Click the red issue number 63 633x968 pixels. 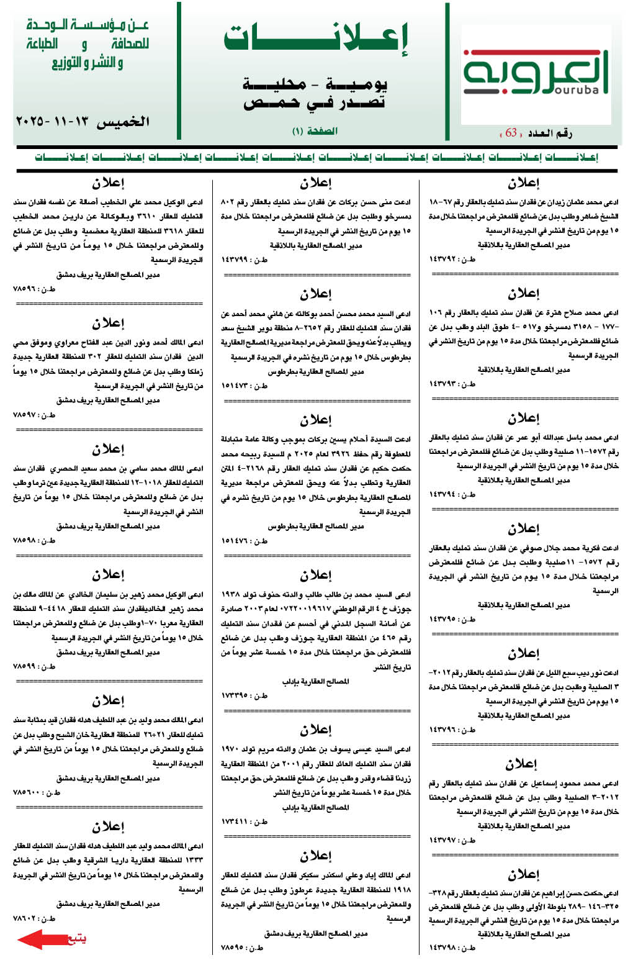(x=511, y=132)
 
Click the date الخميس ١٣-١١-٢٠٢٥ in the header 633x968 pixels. (x=83, y=121)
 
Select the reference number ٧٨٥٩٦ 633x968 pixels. (x=25, y=289)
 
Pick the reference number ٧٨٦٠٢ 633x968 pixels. (x=25, y=918)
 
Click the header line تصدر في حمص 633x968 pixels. (x=315, y=102)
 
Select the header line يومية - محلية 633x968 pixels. (x=315, y=84)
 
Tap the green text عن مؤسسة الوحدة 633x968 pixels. (x=88, y=25)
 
